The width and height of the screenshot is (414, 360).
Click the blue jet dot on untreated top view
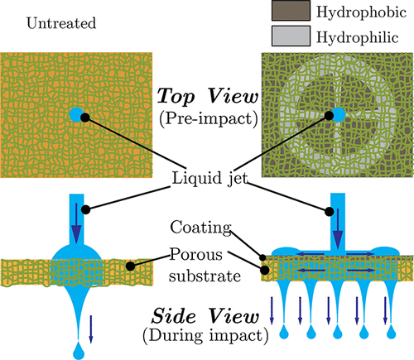coord(79,115)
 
